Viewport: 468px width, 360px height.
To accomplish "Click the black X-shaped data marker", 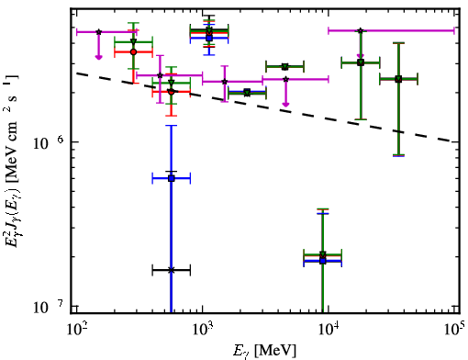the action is coord(172,270).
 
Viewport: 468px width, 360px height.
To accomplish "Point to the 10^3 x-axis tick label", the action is coord(203,330).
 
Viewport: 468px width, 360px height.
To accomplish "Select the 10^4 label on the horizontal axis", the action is coord(329,330).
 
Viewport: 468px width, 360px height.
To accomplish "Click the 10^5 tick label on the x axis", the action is coord(455,329).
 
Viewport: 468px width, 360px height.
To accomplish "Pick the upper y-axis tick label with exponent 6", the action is coord(49,142).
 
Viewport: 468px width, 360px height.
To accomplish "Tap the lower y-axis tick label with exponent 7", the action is coord(49,306).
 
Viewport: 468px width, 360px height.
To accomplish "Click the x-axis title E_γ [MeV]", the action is coord(264,351).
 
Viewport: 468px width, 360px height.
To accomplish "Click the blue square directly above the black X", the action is coord(172,178).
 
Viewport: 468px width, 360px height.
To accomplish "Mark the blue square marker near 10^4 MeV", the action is coord(322,261).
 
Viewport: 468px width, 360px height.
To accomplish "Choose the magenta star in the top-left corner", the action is coord(98,32).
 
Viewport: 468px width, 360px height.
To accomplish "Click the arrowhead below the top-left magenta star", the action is coord(98,57).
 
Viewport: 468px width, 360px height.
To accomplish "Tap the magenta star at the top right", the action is coord(361,30).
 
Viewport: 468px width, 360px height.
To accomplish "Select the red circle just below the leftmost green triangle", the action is coord(133,52).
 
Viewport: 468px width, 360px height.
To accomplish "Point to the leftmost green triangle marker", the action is coord(133,42).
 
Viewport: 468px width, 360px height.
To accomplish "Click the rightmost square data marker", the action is coord(398,79).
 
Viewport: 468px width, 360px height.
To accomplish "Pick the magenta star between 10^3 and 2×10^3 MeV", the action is coord(225,82).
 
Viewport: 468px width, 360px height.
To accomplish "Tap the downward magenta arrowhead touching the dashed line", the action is coord(285,105).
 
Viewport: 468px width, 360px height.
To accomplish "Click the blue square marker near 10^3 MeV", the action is coord(209,38).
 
